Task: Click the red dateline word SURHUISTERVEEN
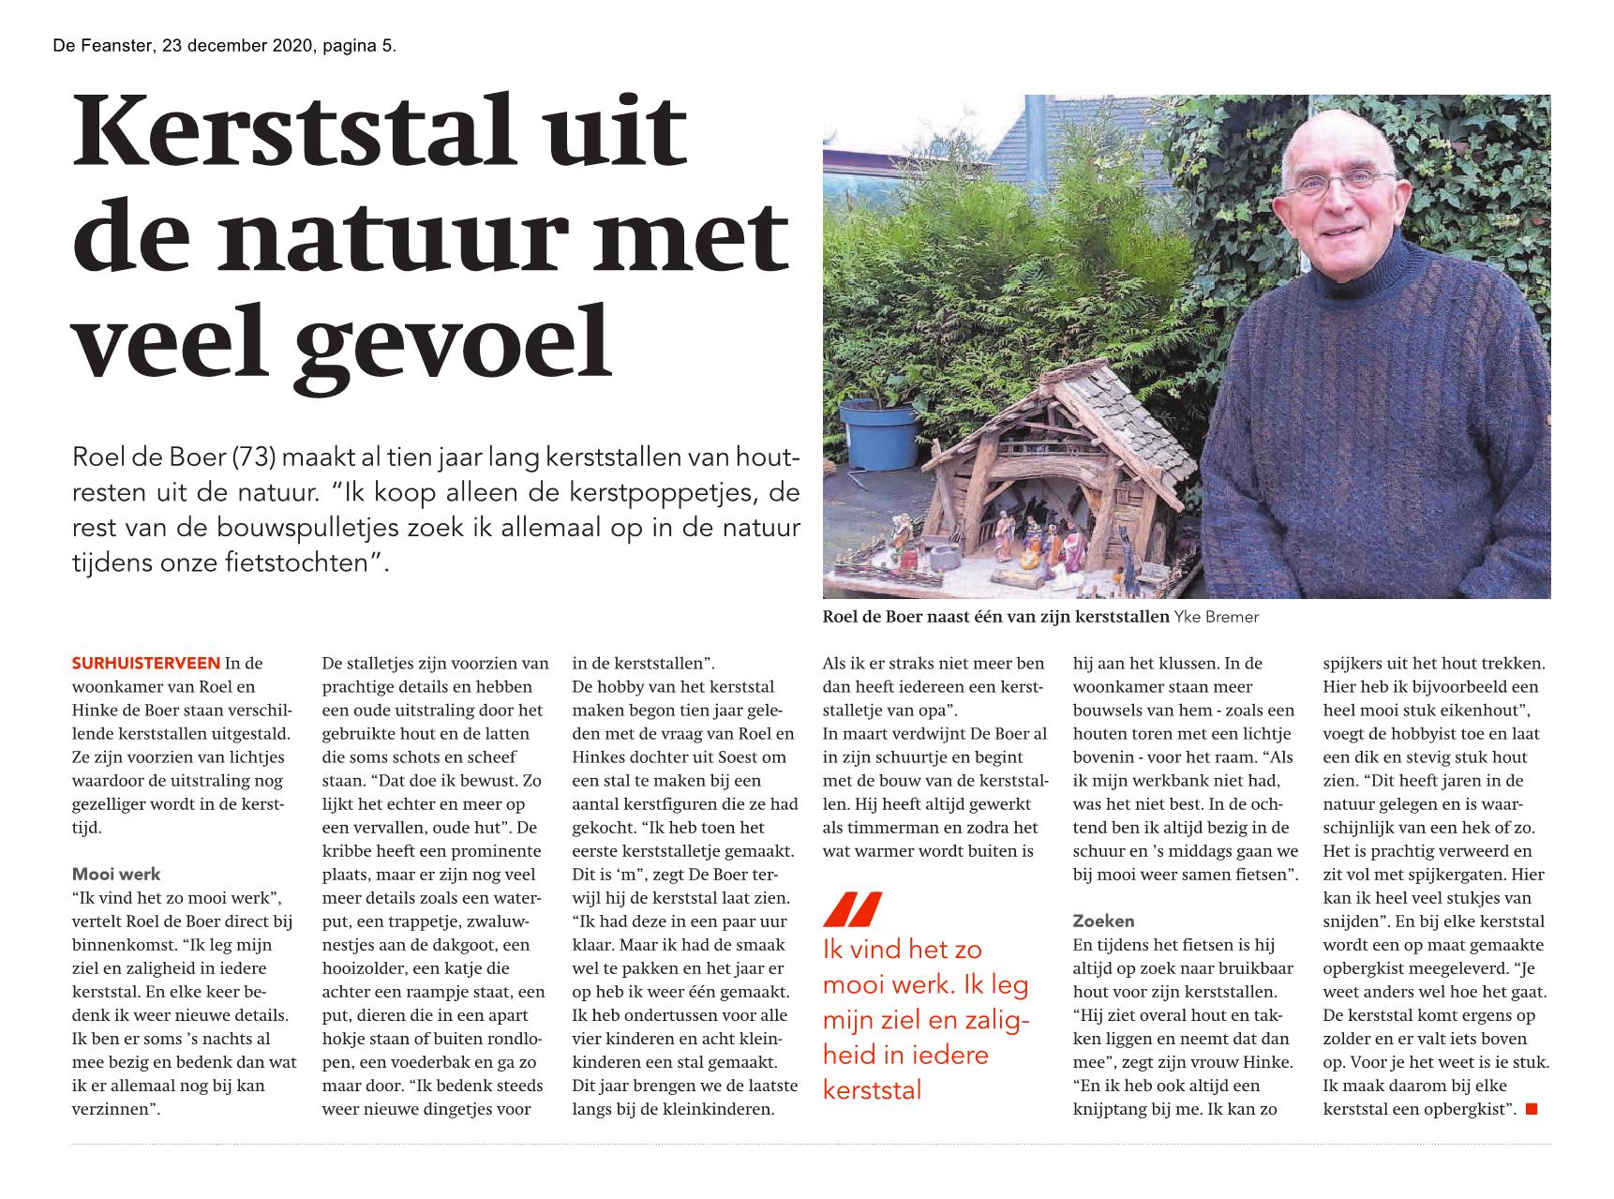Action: (146, 664)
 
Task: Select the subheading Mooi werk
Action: (116, 875)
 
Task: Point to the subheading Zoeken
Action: (1103, 922)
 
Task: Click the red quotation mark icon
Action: (852, 910)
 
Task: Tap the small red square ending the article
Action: (1532, 1110)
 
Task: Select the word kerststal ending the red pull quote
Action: (872, 1090)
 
